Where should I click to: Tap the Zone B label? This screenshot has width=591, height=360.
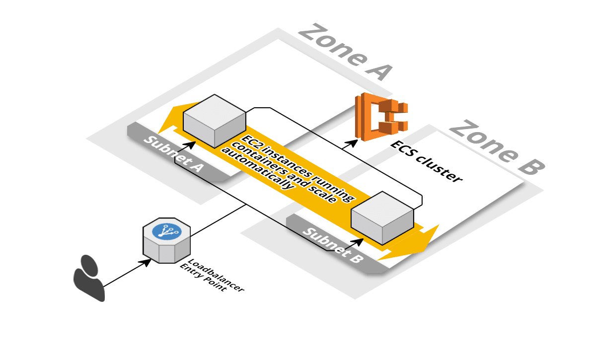(x=497, y=147)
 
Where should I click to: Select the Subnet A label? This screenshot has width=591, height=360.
(x=173, y=153)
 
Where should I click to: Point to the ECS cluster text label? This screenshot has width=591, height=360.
(x=426, y=161)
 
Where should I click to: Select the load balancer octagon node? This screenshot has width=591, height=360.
(x=166, y=240)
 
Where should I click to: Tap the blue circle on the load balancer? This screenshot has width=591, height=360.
(x=167, y=231)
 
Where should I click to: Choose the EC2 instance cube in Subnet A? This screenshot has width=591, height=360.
(x=214, y=121)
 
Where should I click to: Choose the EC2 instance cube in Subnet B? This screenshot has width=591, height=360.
(x=382, y=217)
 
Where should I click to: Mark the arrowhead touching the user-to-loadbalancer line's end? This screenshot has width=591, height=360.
(x=148, y=261)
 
